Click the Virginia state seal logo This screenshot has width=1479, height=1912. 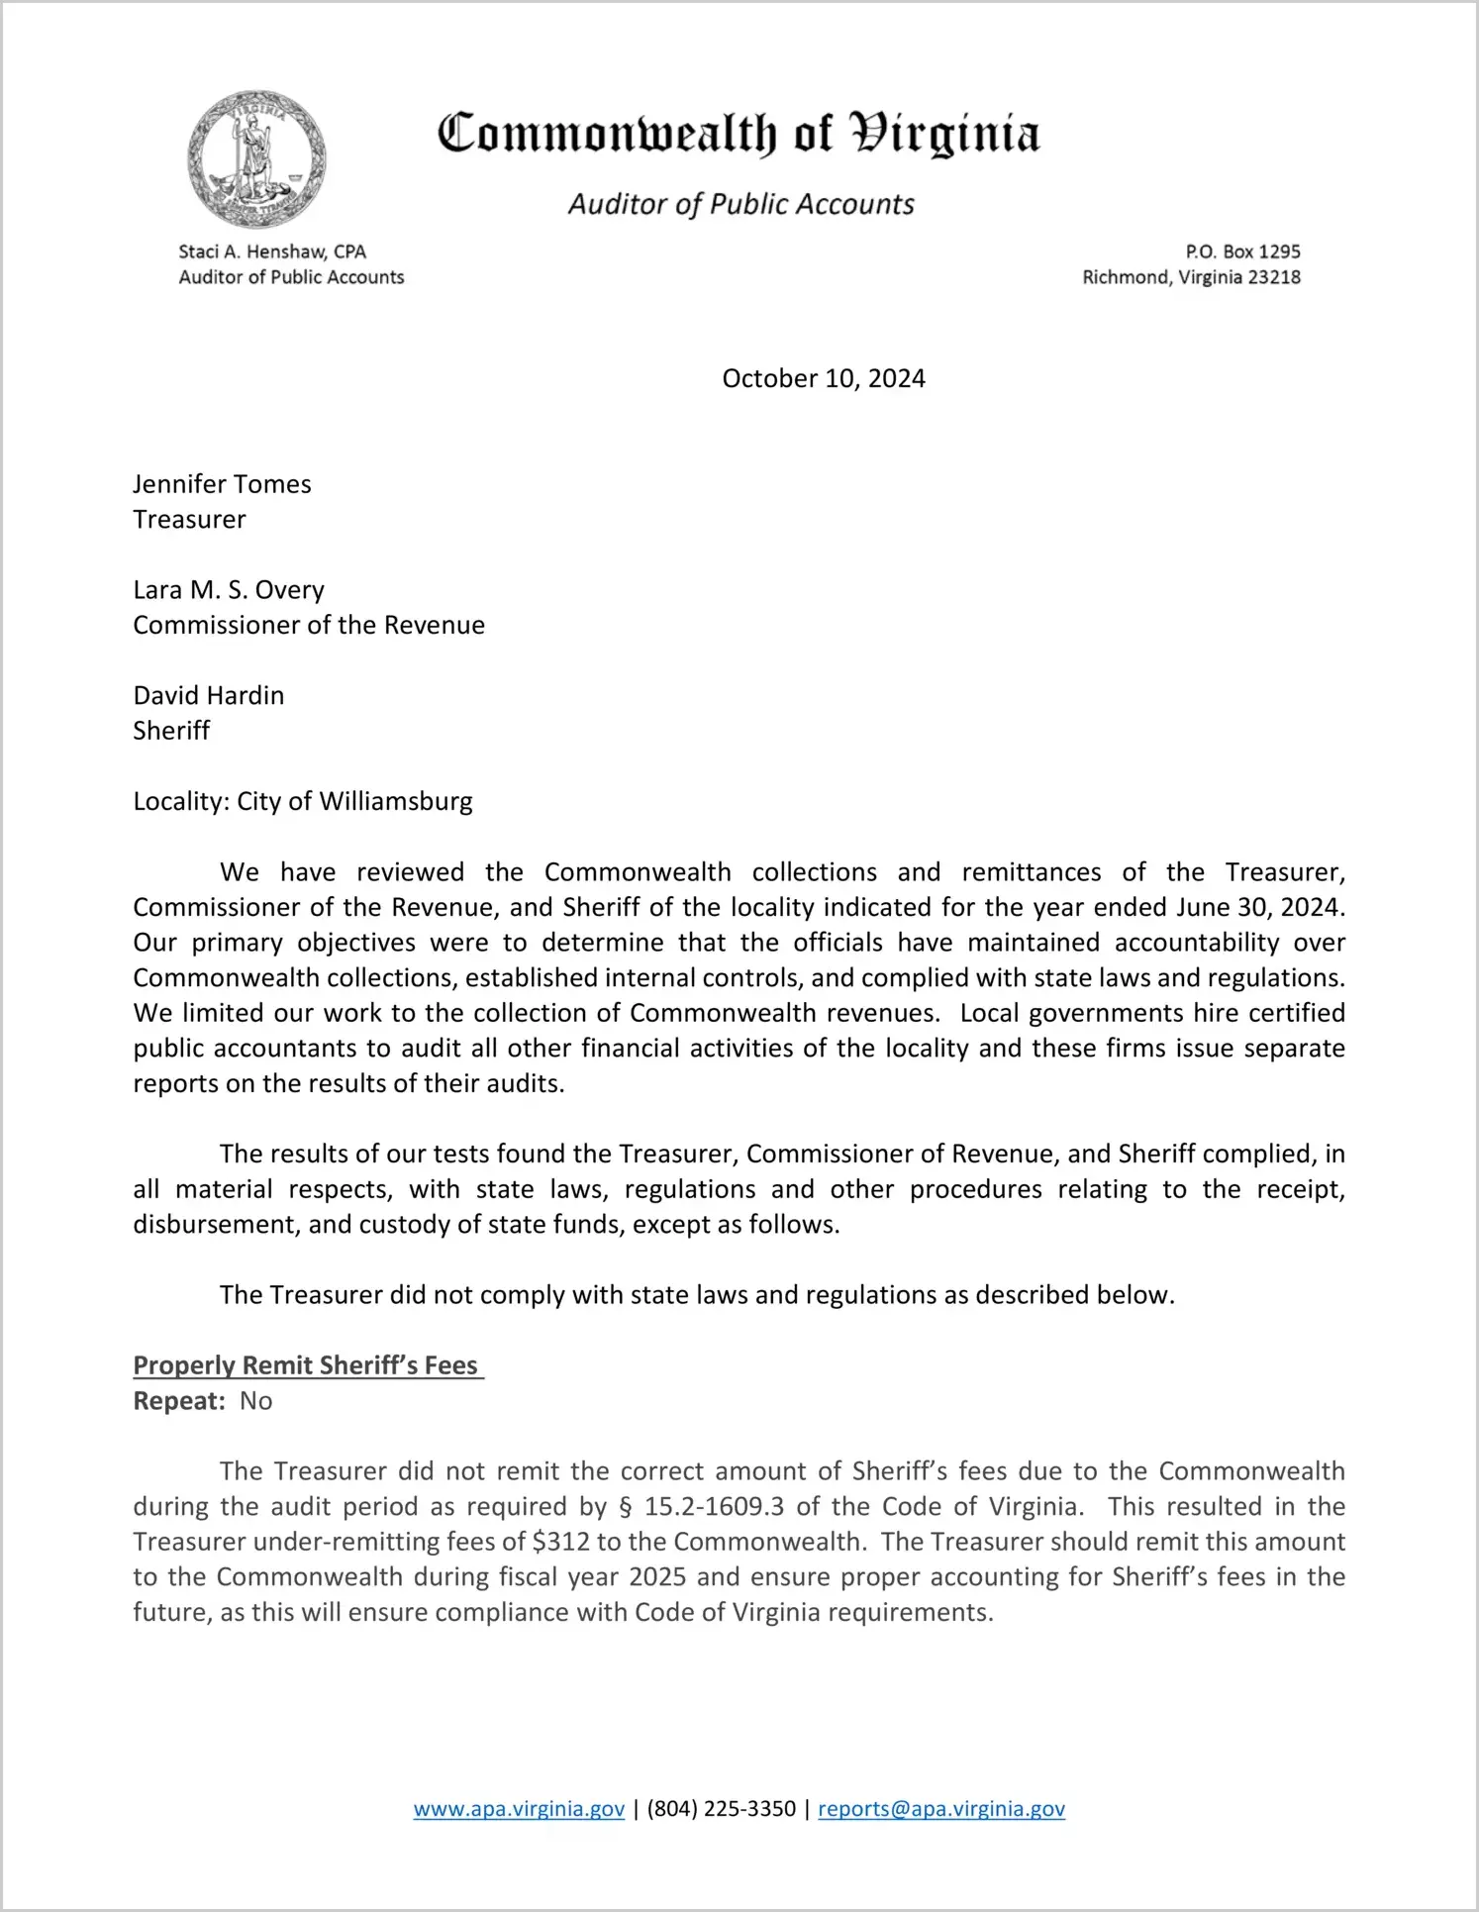pos(256,159)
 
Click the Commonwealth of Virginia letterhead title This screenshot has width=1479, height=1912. pos(739,134)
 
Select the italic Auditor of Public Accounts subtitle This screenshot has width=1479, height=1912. pos(740,204)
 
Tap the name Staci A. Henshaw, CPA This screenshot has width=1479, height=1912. pos(272,252)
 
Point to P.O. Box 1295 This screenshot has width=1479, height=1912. pos(1242,252)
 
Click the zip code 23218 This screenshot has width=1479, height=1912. pos(1274,277)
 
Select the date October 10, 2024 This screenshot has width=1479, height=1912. pos(823,378)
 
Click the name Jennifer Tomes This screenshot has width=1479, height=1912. pos(222,484)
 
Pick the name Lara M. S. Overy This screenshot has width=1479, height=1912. pos(229,590)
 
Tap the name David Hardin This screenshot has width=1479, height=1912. pos(208,695)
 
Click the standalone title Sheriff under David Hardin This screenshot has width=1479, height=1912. pos(171,731)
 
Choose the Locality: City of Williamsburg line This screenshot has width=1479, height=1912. pos(303,801)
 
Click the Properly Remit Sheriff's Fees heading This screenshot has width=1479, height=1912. pos(306,1365)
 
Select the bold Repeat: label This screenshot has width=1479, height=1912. pos(180,1401)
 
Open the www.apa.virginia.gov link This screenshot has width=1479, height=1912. pos(519,1809)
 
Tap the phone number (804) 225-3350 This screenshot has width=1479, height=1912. pos(721,1809)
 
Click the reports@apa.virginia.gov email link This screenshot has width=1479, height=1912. pos(940,1809)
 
